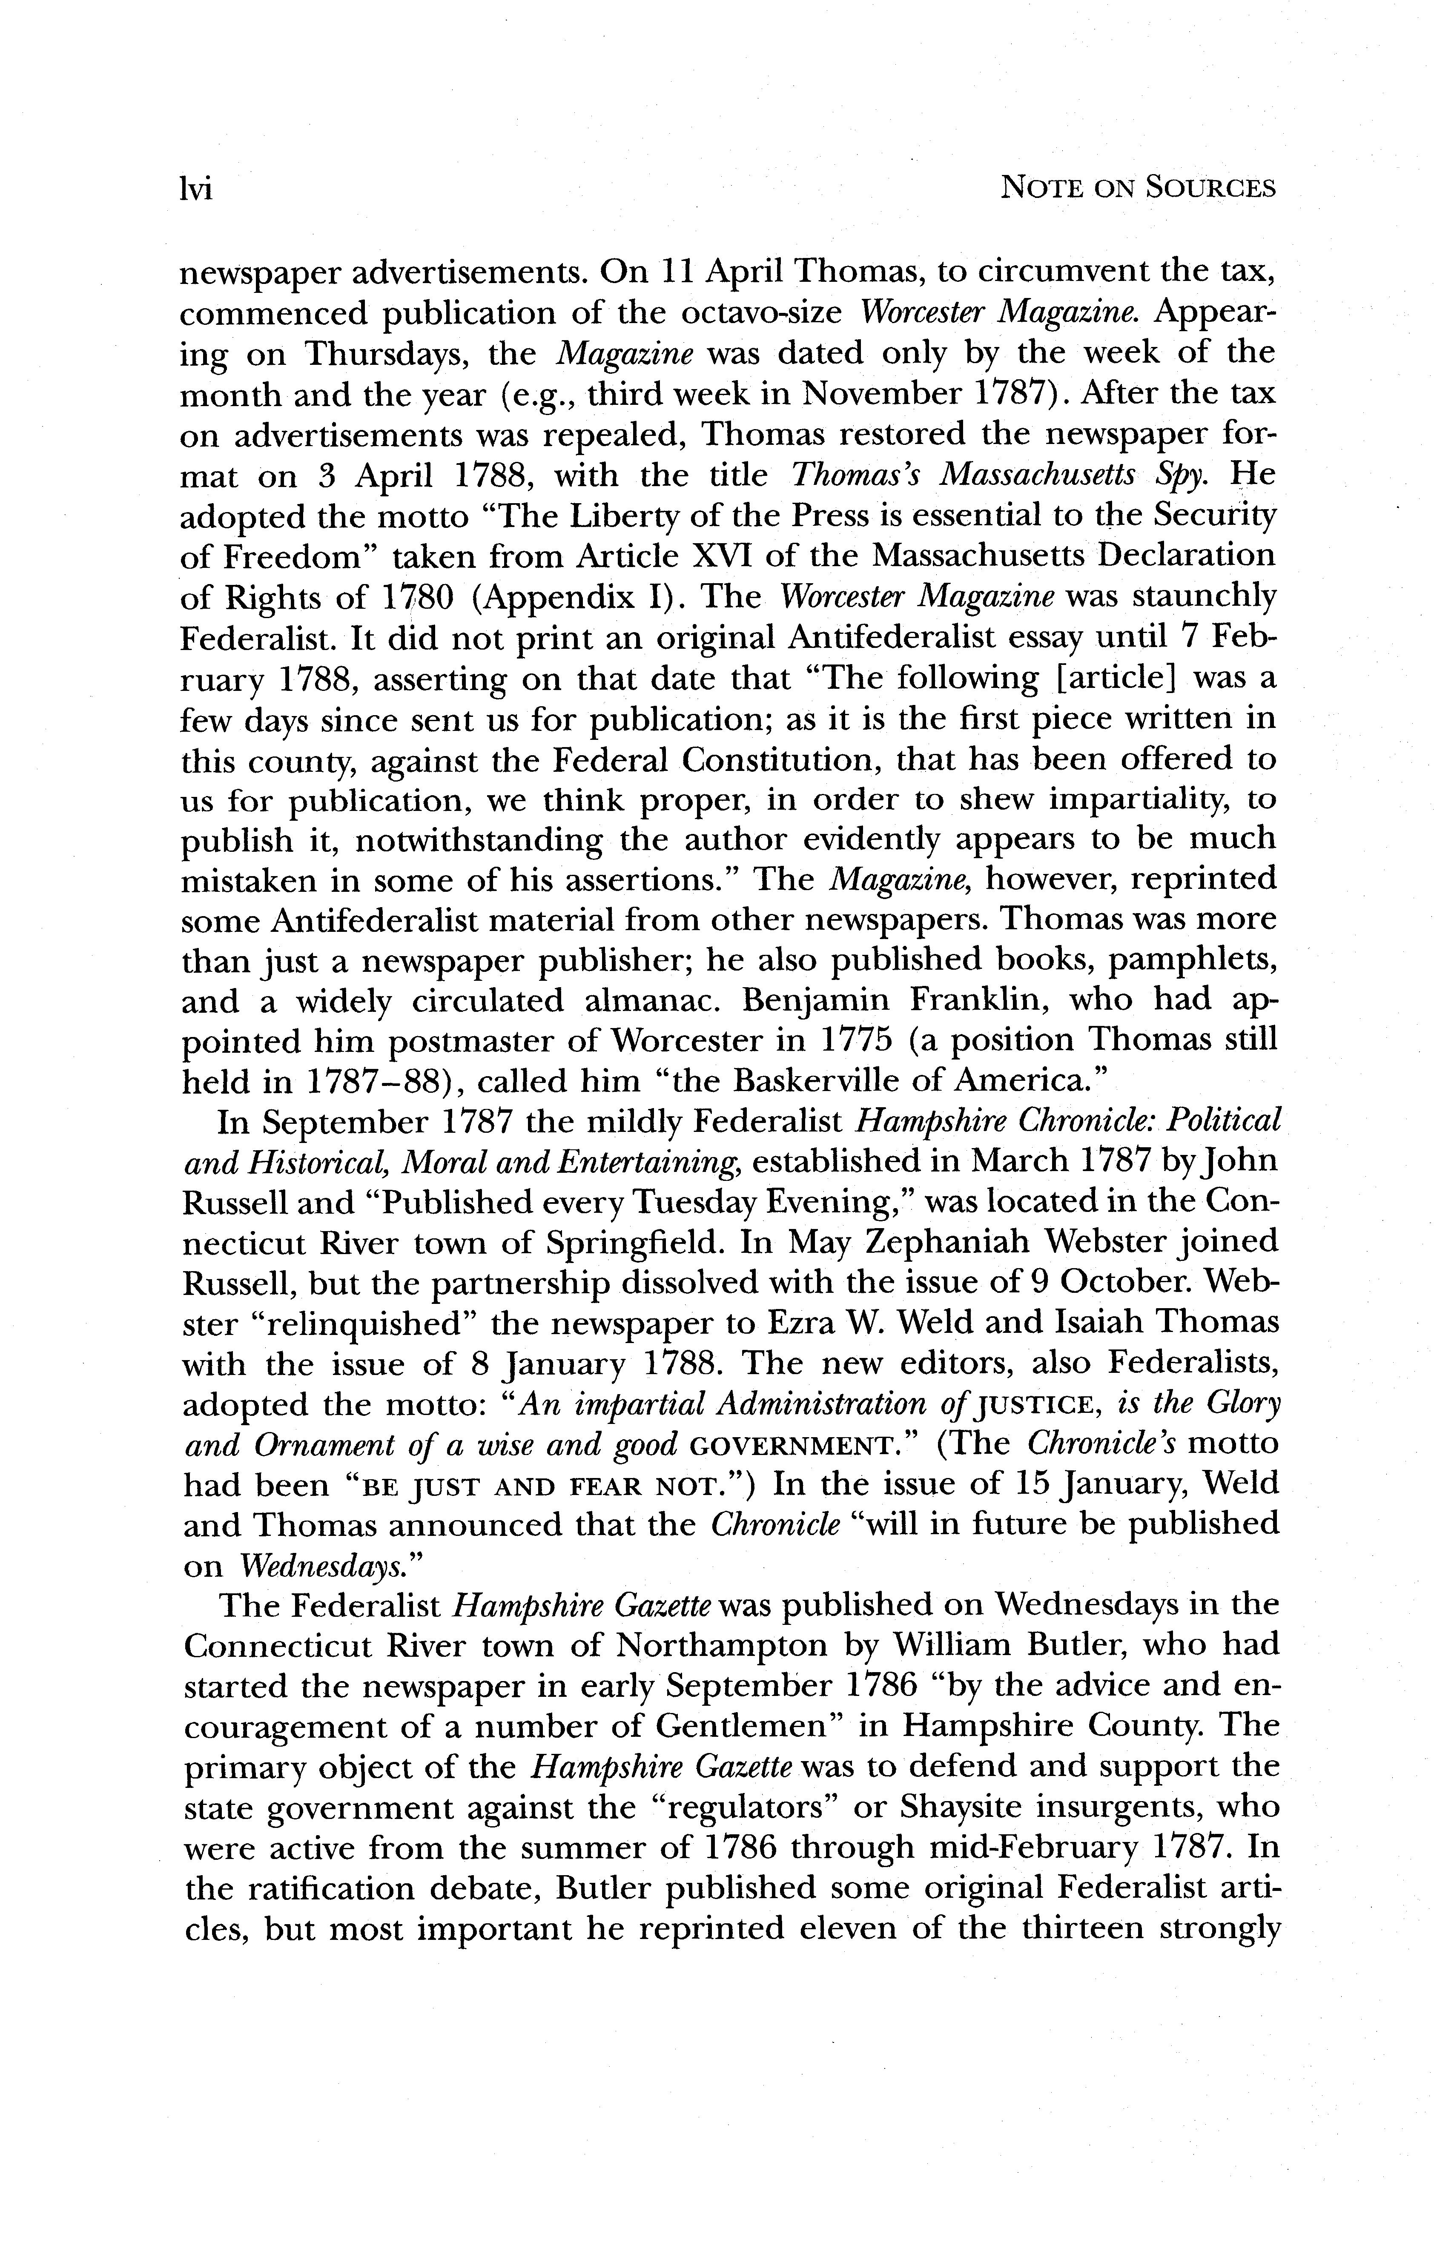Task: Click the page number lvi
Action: [x=196, y=189]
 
